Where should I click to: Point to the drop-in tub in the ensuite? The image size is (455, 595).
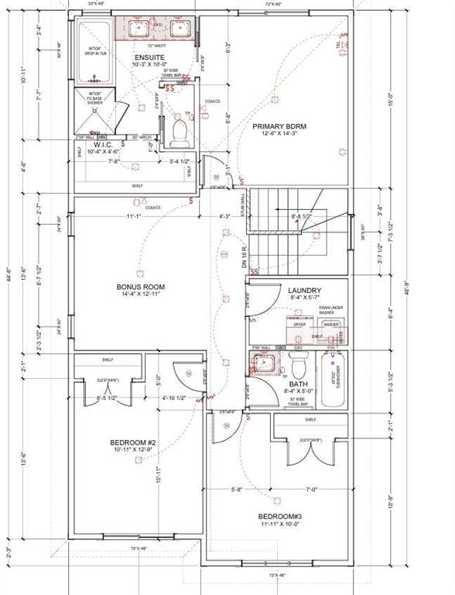coord(94,53)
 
